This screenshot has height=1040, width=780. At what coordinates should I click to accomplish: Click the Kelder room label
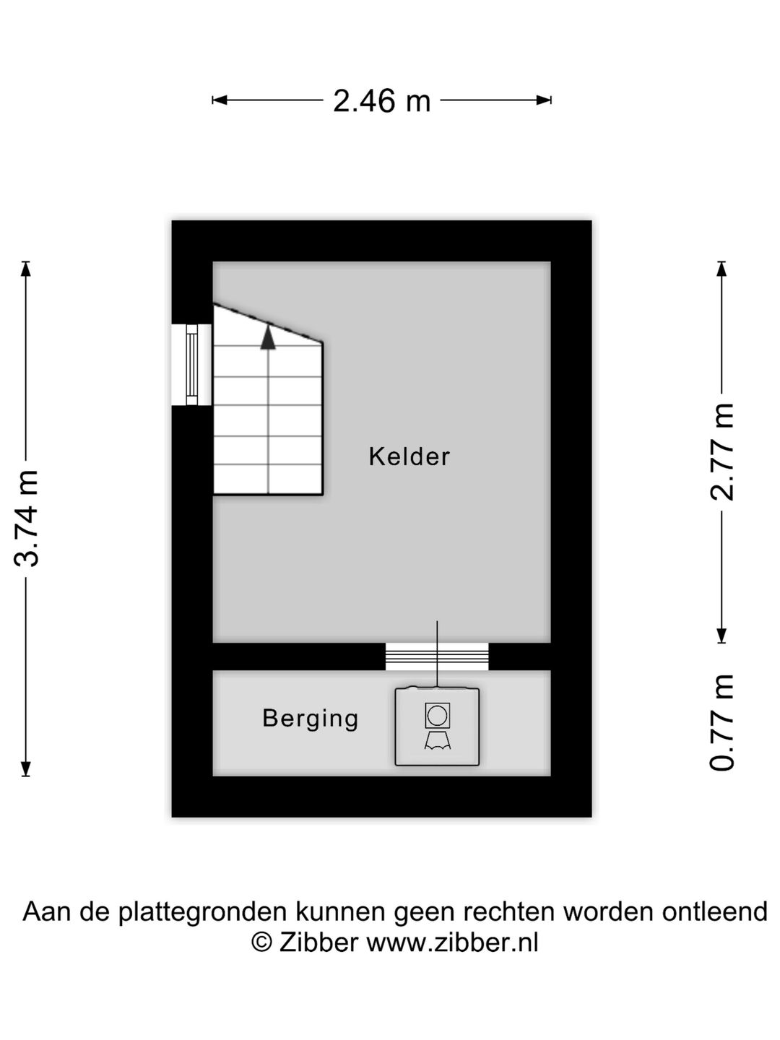[409, 456]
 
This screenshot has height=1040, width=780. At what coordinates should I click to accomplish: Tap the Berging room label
[311, 718]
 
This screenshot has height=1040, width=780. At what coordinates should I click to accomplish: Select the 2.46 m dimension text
[381, 101]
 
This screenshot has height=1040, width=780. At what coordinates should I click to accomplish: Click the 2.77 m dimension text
[722, 452]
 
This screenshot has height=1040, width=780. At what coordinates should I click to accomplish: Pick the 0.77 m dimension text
[722, 722]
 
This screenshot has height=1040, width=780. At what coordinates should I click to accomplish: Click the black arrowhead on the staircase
[268, 338]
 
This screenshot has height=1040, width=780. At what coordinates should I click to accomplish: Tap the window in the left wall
[192, 365]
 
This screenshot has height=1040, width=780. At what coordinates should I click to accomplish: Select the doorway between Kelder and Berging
[437, 656]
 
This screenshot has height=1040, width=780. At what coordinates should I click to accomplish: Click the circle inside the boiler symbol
[437, 716]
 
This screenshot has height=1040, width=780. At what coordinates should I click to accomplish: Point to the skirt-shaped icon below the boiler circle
[437, 740]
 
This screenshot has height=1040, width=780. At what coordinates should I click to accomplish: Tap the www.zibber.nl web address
[452, 942]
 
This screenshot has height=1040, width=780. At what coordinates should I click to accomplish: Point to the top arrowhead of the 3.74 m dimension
[26, 268]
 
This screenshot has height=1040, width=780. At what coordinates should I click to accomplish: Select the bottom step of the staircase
[268, 480]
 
